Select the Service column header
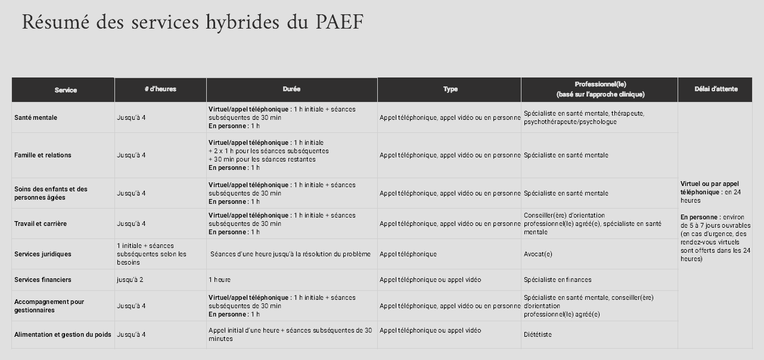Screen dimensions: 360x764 tap(66, 90)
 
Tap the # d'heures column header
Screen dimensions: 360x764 tap(160, 89)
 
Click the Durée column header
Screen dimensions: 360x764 tap(291, 89)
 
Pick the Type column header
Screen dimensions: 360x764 tap(450, 89)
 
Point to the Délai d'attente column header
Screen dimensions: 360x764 tap(716, 89)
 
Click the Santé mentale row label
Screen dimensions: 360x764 tap(36, 117)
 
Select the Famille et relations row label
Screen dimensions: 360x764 tap(42, 155)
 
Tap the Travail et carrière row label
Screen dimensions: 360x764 tap(41, 224)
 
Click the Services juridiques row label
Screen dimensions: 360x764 tap(42, 254)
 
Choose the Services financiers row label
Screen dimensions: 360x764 tap(42, 280)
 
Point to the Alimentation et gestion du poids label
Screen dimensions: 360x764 tap(63, 334)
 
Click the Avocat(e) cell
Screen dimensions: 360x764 tap(538, 254)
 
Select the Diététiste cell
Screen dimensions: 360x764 tap(538, 334)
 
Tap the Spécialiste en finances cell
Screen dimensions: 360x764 tap(557, 280)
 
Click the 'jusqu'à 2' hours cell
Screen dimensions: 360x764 tap(130, 280)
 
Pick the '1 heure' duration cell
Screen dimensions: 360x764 tap(219, 280)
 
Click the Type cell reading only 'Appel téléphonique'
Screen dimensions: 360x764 tap(408, 254)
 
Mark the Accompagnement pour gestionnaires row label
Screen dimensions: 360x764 tap(49, 306)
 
